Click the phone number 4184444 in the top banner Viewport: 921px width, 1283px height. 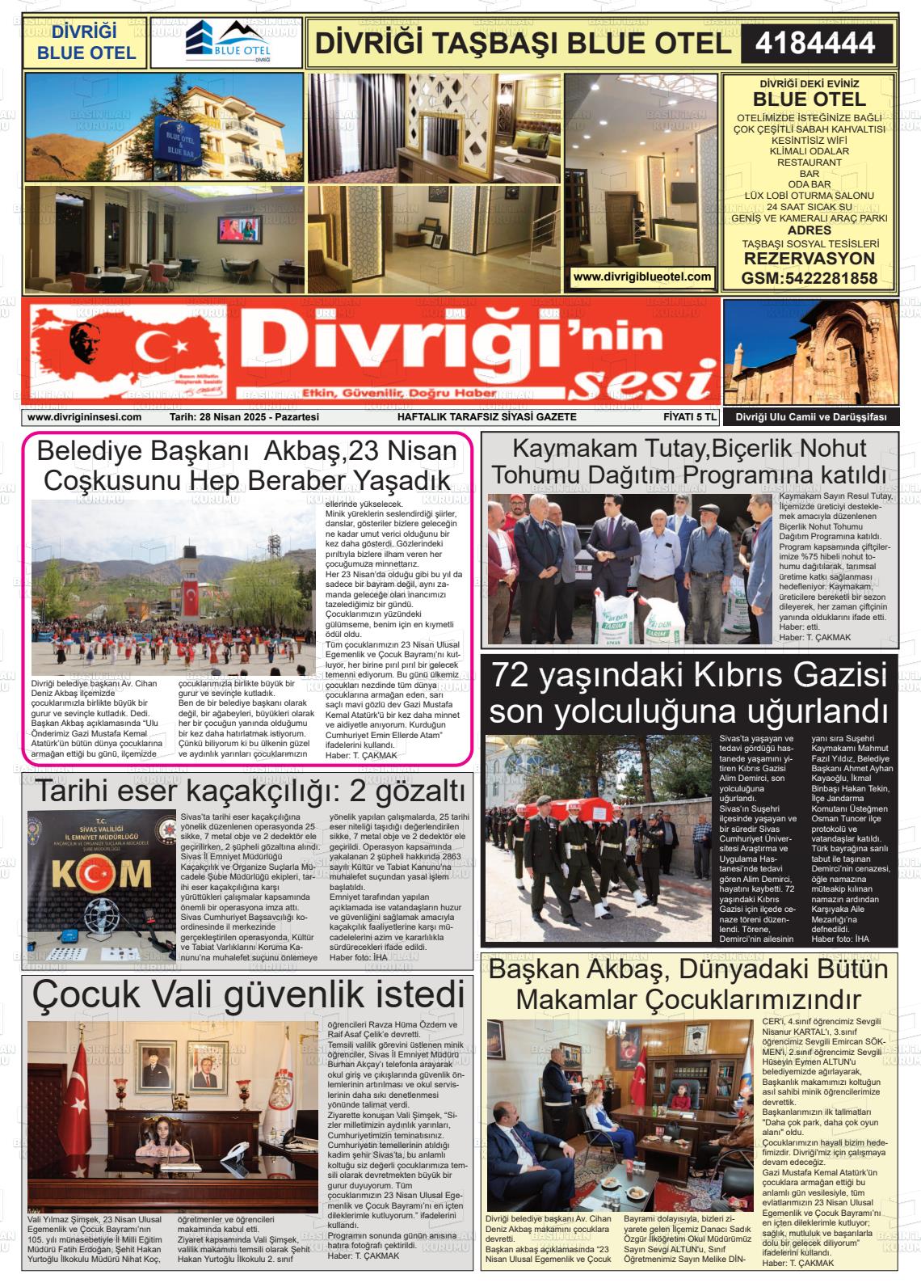[816, 43]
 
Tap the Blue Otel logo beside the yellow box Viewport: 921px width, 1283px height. [226, 42]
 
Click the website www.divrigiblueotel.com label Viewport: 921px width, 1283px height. [642, 276]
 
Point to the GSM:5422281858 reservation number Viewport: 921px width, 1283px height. [809, 278]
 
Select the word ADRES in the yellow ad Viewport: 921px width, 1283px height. [809, 230]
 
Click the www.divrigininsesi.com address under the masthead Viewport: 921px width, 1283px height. [84, 417]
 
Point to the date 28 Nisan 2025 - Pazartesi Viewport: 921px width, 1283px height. [245, 417]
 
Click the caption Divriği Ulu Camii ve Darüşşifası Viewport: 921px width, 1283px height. [810, 417]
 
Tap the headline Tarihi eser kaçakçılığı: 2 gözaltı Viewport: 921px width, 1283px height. [250, 789]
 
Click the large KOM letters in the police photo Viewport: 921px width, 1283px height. [102, 873]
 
